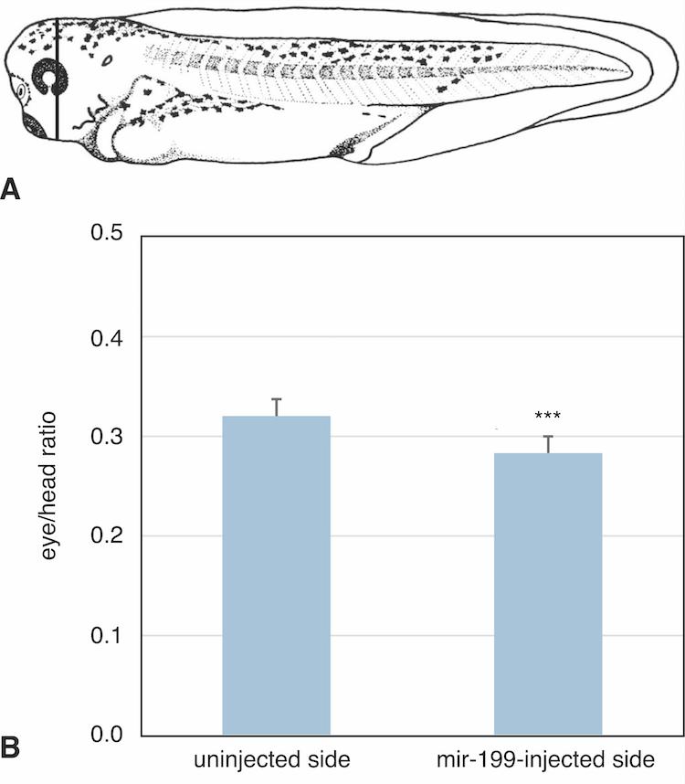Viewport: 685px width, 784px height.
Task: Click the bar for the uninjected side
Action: (x=276, y=575)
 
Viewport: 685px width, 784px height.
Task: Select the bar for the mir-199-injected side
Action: (x=548, y=593)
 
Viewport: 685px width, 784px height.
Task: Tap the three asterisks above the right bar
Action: (x=548, y=418)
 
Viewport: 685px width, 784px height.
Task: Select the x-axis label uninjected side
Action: (x=276, y=760)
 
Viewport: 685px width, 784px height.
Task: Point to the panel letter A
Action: (x=12, y=189)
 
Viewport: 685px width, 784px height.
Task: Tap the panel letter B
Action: (x=12, y=747)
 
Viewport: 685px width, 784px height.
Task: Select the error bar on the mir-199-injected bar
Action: (x=548, y=444)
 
